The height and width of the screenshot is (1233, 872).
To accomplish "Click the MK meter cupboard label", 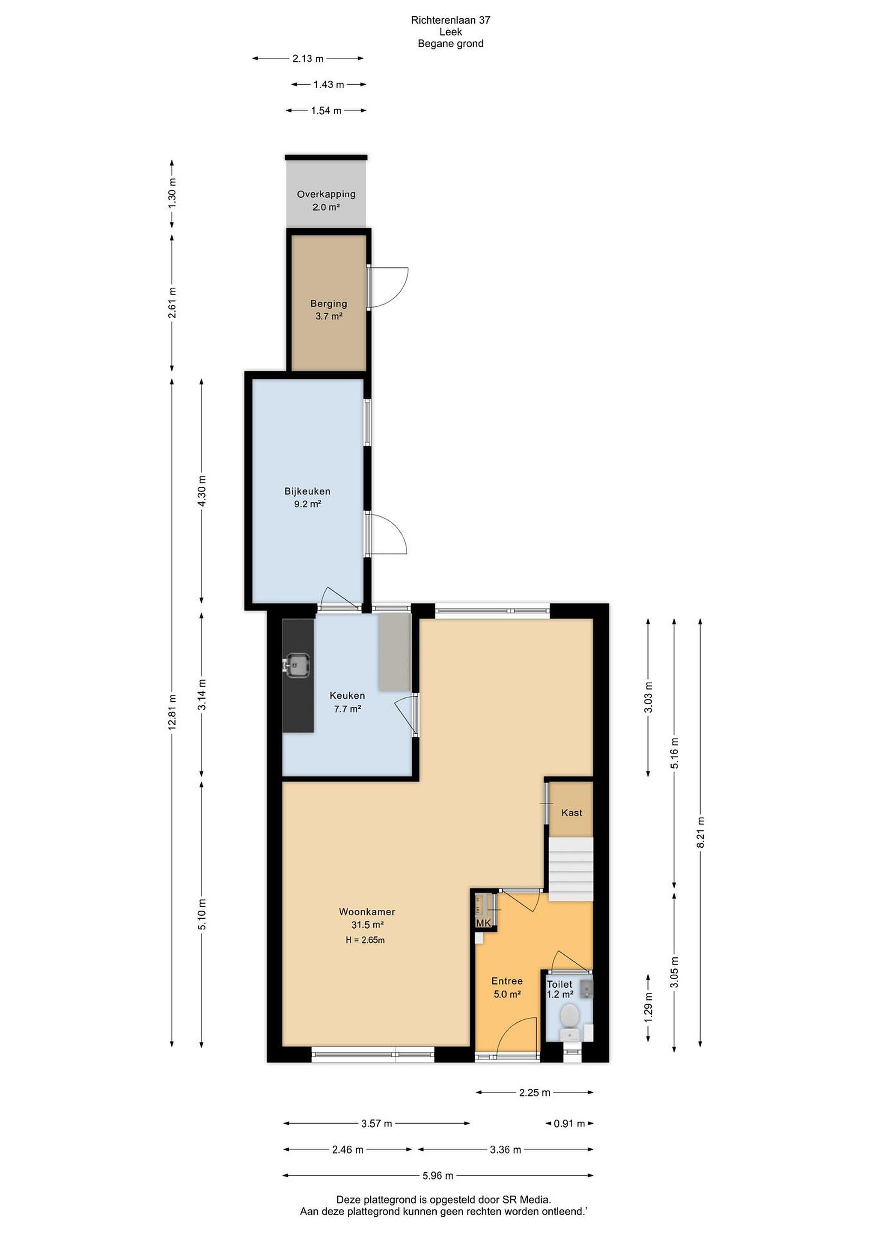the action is coord(483,923).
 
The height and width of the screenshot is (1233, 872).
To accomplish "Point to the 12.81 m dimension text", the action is coord(172,712).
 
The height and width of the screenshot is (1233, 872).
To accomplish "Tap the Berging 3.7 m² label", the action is coord(329,310).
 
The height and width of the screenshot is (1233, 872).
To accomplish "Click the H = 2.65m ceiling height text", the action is coord(365,940).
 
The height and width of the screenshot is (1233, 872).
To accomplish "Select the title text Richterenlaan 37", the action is coord(450,20).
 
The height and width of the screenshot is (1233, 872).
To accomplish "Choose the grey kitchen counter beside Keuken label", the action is coord(395,652).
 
